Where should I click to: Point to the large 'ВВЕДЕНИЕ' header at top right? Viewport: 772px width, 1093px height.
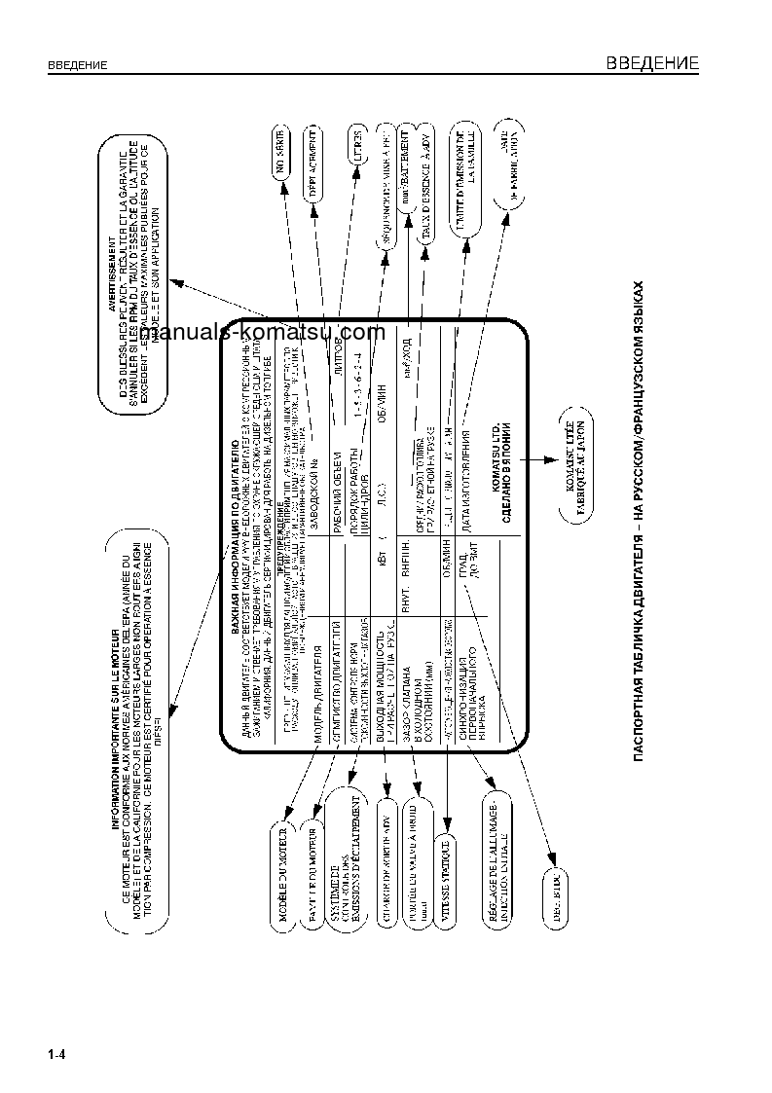(652, 64)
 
